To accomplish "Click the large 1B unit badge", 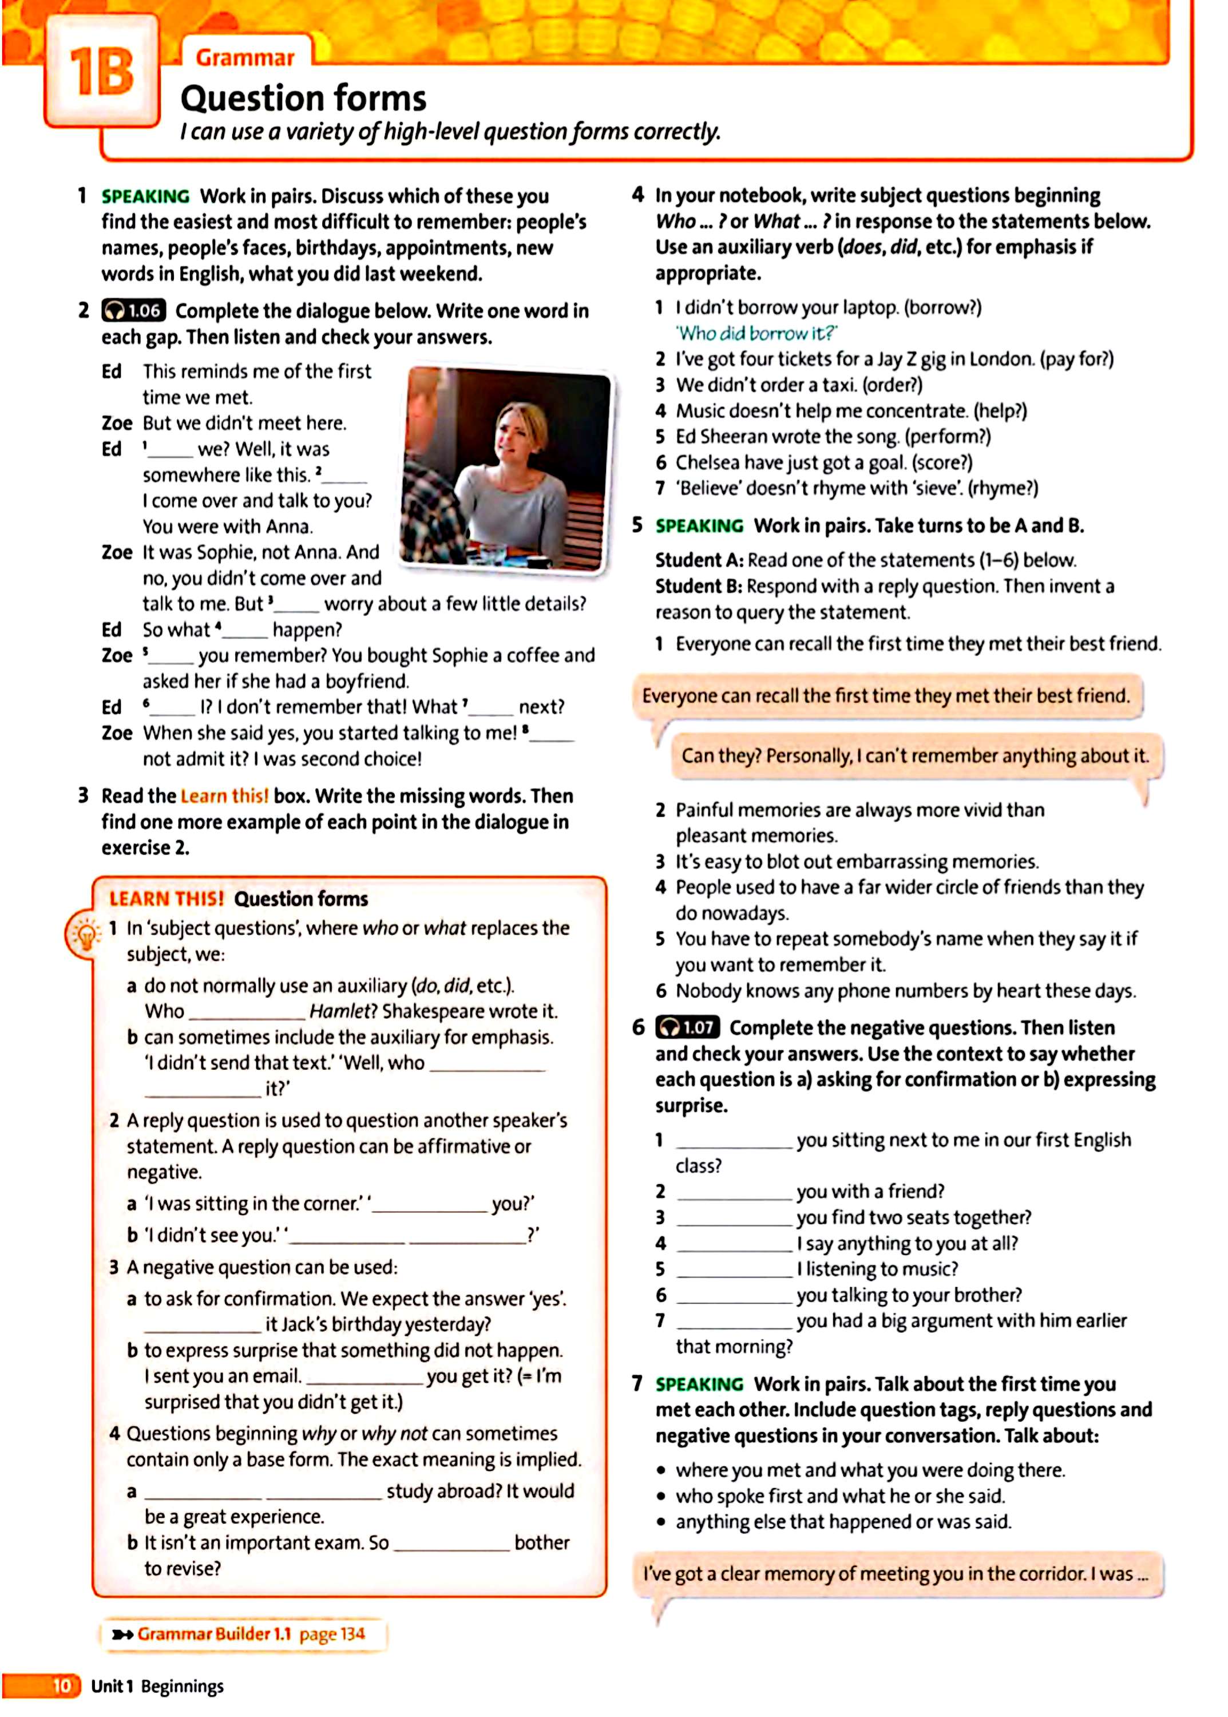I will [101, 73].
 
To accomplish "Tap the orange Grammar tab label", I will [245, 57].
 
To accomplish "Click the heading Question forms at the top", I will [303, 99].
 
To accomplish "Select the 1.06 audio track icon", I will [134, 310].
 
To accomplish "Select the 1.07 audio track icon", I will [687, 1027].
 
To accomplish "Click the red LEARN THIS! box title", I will [167, 899].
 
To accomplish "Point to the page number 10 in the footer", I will [61, 1685].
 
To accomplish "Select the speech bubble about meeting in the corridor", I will [896, 1573].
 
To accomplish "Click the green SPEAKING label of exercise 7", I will [699, 1384].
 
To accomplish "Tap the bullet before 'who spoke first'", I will [661, 1497].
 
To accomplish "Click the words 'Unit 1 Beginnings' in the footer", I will [157, 1686].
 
